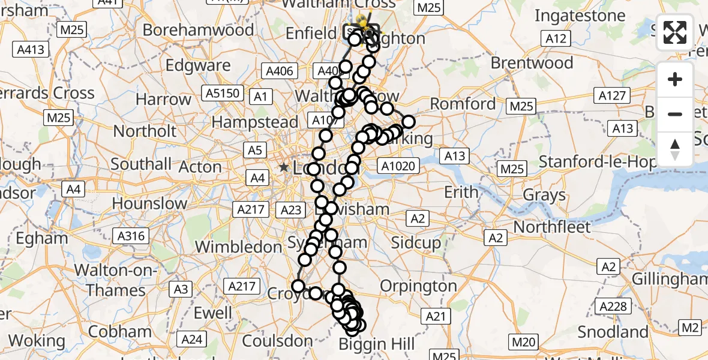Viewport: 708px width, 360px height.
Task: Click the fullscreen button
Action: point(675,32)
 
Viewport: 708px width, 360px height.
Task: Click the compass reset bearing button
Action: point(675,149)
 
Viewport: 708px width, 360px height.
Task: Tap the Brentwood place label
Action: point(532,63)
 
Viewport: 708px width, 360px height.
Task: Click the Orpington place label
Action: point(418,286)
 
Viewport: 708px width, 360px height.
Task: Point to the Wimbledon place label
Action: point(238,247)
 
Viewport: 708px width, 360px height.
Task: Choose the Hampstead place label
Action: point(255,122)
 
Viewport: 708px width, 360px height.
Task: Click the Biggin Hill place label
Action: point(377,344)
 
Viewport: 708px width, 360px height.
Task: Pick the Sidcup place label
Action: point(416,243)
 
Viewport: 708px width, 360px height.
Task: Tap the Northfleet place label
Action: point(552,227)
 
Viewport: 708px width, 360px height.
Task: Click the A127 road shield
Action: point(612,95)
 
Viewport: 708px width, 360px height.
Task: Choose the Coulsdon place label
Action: point(277,341)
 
